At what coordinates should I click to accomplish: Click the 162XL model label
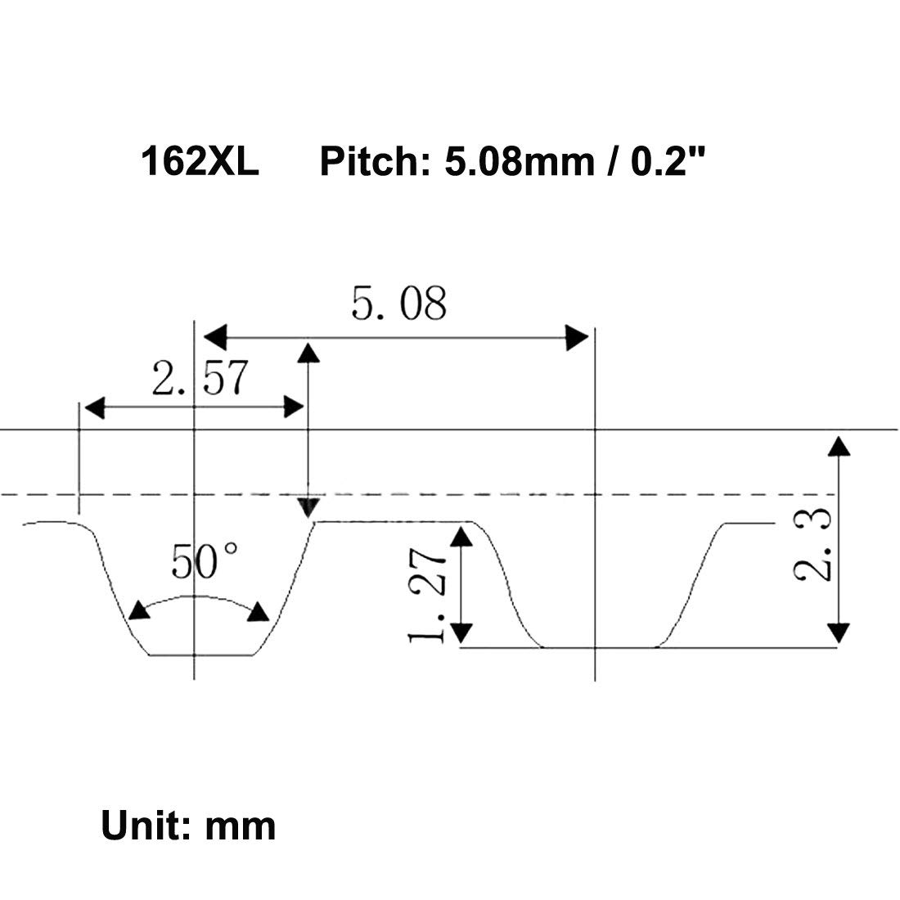(200, 161)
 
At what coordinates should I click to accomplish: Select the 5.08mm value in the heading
(519, 161)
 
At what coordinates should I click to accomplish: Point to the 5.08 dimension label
(399, 304)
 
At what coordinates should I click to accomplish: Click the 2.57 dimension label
(199, 379)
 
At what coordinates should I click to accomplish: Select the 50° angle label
(205, 562)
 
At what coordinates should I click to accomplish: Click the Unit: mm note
(188, 826)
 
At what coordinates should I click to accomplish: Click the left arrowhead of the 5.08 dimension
(214, 335)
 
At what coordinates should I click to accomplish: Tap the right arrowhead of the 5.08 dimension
(577, 336)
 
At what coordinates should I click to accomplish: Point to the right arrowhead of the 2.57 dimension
(293, 407)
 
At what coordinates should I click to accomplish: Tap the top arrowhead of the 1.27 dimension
(462, 537)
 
